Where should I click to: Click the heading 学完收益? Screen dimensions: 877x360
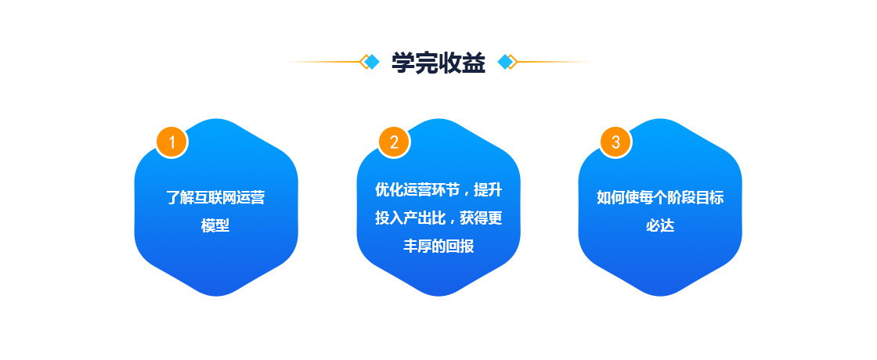point(438,63)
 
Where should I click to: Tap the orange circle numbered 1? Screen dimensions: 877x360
point(172,142)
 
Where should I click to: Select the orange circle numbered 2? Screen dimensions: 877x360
point(395,142)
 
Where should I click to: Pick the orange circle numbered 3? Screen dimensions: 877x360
point(615,142)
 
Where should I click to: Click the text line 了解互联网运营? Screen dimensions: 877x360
point(216,198)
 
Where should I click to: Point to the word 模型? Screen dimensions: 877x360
point(216,226)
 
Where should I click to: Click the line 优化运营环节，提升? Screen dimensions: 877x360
point(438,190)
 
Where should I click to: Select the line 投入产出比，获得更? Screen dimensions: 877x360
point(438,218)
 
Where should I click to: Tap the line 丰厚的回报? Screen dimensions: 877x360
point(438,246)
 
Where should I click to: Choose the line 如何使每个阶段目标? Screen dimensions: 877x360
point(660,198)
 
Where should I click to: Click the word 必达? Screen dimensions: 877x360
point(660,226)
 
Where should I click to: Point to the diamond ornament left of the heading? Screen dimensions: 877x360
point(370,62)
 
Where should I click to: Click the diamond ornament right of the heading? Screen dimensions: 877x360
point(507,62)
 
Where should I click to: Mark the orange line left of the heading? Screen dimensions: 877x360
point(323,62)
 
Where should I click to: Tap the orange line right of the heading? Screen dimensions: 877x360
point(554,62)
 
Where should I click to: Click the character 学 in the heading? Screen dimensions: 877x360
point(402,63)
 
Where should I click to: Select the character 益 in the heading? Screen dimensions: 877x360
point(475,63)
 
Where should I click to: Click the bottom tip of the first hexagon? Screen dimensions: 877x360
point(216,296)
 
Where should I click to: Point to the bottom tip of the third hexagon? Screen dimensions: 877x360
point(660,296)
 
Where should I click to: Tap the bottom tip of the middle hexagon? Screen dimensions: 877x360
point(438,296)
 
